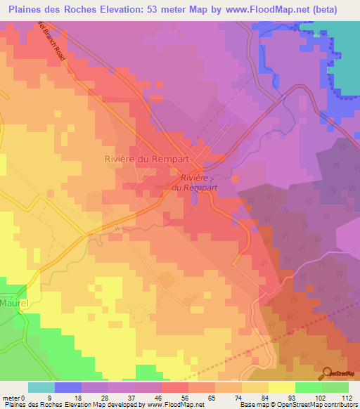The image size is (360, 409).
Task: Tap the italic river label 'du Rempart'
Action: [x=195, y=188]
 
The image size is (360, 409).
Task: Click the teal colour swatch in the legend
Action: [x=41, y=387]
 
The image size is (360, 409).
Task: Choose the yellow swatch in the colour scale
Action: [x=281, y=387]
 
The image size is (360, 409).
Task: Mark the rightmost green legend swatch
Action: [x=335, y=387]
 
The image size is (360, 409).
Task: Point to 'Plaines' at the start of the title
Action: [x=24, y=9]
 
